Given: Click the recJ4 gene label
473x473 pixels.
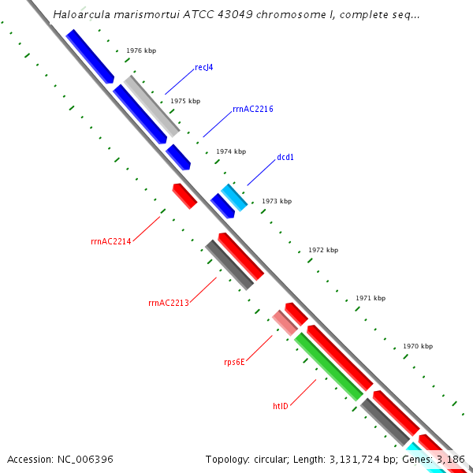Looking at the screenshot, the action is tap(203, 68).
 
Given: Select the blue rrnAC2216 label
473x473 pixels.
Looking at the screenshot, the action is tap(253, 109).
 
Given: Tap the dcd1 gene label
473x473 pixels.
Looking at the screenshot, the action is tap(285, 157).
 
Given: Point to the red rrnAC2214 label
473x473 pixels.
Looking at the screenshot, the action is tap(111, 242).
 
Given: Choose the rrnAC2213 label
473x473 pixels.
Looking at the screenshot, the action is tap(169, 303).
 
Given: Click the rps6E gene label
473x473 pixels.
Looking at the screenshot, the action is tap(234, 363).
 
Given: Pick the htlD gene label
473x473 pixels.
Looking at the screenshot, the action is tap(281, 406).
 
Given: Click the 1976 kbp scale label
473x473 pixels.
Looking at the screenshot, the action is tap(141, 50).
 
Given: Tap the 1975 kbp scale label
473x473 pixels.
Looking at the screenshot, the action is tap(185, 101).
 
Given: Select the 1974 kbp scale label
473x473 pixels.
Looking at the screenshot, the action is tap(231, 151).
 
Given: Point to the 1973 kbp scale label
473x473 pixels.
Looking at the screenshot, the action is tap(277, 201).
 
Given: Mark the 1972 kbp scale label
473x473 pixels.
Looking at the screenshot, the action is tap(323, 250).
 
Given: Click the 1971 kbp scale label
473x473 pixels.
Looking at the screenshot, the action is tap(371, 298).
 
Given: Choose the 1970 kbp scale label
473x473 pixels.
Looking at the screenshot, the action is tap(418, 346).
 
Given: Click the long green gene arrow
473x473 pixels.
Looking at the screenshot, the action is tap(329, 366).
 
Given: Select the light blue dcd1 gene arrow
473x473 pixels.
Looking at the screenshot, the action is tap(234, 197).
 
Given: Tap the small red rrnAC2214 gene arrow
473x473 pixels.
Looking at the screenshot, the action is tap(184, 196).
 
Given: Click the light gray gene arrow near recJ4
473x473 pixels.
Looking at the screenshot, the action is tap(151, 106).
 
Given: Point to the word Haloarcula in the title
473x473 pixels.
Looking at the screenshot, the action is tap(81, 15).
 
